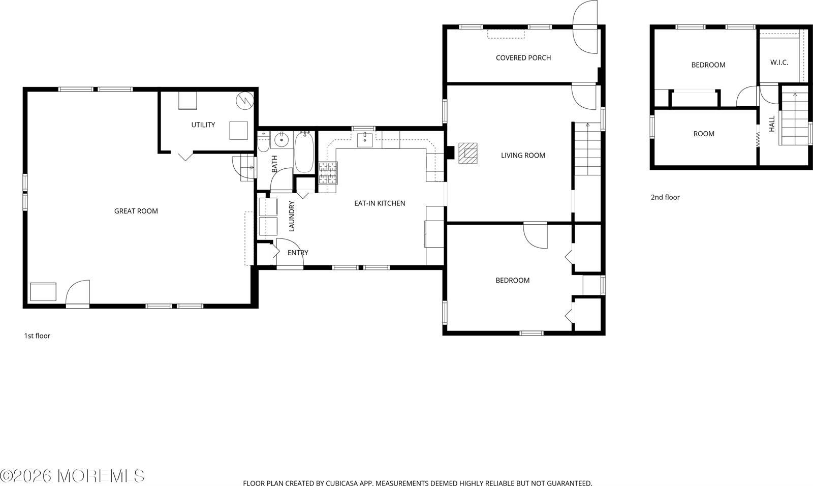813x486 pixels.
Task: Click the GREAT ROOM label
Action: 136,211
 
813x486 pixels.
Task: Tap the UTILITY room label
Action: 203,125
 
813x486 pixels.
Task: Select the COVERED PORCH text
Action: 523,58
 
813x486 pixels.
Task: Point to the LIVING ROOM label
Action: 523,156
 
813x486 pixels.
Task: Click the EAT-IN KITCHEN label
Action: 380,203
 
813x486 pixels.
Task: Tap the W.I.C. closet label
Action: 779,63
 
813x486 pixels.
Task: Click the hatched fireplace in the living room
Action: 468,153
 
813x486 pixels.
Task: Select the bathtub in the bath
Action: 304,152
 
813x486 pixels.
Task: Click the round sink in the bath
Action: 281,139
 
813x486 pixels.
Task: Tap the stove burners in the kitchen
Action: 328,172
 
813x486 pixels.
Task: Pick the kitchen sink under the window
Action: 365,139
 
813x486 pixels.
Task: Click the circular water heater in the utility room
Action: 243,100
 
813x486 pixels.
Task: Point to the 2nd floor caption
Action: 665,197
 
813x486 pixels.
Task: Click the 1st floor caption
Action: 37,336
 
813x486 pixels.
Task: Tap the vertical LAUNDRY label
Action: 292,217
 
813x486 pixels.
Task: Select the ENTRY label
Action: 298,253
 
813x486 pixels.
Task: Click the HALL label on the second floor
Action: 772,124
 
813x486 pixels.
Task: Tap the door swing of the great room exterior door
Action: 78,292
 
